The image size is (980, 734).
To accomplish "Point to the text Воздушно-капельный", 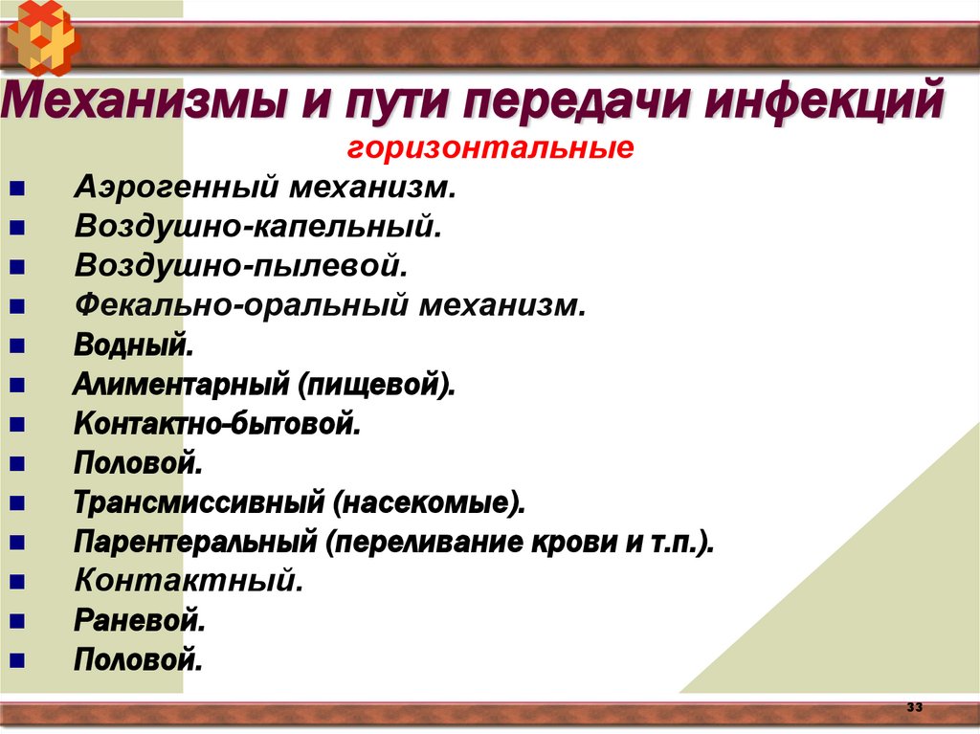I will pyautogui.click(x=258, y=227).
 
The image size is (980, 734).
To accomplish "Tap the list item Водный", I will pyautogui.click(x=133, y=345).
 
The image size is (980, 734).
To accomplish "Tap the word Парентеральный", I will pyautogui.click(x=195, y=543).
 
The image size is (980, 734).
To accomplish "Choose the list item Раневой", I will pyautogui.click(x=140, y=621).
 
